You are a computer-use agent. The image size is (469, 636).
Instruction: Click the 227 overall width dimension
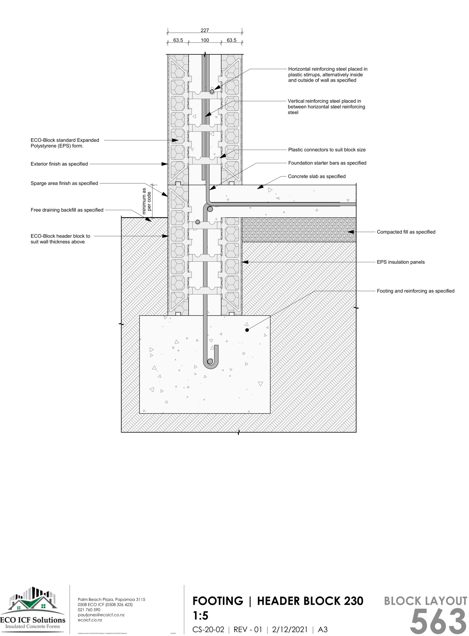[205, 30]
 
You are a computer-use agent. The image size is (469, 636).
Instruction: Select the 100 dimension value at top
[205, 40]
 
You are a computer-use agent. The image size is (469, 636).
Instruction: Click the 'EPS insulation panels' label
[401, 262]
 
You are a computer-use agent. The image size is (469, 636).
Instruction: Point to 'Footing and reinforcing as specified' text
[415, 291]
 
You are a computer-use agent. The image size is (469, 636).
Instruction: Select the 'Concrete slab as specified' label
[317, 176]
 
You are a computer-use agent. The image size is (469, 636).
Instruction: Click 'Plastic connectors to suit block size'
[327, 150]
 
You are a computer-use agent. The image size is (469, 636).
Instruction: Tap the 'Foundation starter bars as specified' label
[327, 163]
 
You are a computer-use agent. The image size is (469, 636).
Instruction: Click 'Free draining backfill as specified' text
[67, 210]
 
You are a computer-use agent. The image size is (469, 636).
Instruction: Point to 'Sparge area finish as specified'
[64, 183]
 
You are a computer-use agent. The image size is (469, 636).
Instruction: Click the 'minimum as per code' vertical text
[147, 201]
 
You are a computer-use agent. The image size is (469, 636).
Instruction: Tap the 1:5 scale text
[200, 616]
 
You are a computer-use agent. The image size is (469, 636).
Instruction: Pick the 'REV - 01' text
[248, 630]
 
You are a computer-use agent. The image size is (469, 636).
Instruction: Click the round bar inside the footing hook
[210, 361]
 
